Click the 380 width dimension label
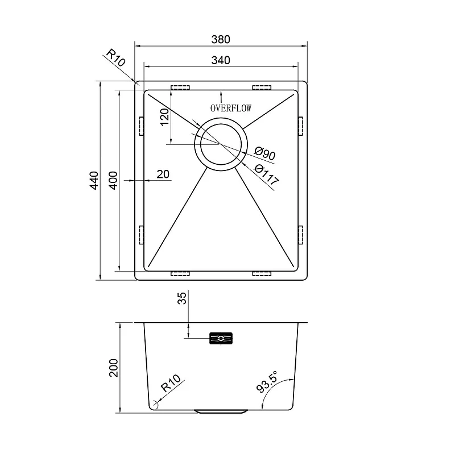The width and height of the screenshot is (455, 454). pos(221,39)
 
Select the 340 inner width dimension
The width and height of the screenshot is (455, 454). pos(221,60)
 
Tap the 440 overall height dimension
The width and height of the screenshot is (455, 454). pos(94,180)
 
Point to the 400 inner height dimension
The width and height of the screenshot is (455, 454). pos(113,180)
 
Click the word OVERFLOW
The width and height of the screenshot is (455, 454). pos(231,108)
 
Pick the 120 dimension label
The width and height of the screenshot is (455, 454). pos(164,117)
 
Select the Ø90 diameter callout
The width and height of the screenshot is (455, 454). pos(264,153)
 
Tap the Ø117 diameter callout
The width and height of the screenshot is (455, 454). pos(266,175)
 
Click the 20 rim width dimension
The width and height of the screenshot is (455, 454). pos(163,174)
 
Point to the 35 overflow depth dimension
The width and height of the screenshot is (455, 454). pos(181,298)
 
